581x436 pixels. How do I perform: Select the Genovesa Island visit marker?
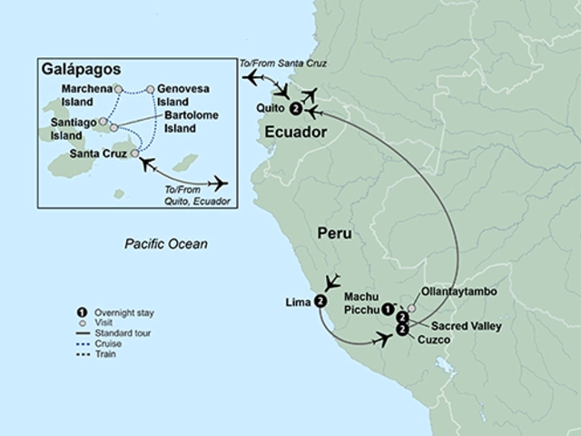pos(150,89)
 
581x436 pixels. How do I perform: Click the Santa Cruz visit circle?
pos(135,154)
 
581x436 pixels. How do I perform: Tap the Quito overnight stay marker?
pos(296,109)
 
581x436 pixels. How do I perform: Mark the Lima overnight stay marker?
pos(320,302)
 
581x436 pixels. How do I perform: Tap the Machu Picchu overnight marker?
pos(388,307)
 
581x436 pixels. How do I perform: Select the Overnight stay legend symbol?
pos(82,313)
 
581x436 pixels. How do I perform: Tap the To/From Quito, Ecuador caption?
pos(194,192)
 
